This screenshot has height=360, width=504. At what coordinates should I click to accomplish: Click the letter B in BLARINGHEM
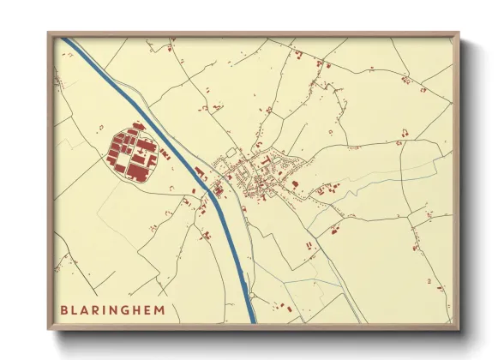[63, 309]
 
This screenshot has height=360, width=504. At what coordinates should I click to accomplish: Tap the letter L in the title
[75, 309]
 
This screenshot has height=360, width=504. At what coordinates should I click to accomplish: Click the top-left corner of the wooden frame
[49, 33]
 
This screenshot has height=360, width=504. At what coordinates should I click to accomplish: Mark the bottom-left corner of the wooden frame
[49, 329]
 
